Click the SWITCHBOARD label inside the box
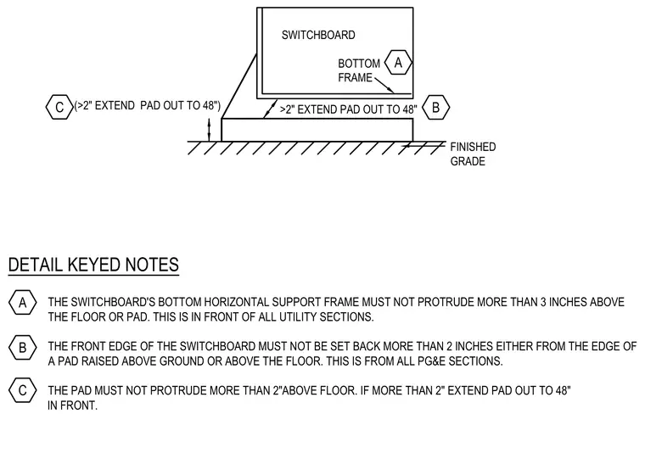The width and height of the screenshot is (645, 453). [x=318, y=35]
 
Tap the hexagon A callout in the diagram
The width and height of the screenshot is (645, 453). [x=398, y=63]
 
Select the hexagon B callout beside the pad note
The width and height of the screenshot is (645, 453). [x=435, y=108]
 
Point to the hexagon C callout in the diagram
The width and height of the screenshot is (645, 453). [x=59, y=107]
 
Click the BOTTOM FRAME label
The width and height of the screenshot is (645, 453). [x=359, y=70]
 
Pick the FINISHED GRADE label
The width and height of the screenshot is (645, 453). [x=473, y=154]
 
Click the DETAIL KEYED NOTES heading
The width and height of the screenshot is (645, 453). [x=93, y=265]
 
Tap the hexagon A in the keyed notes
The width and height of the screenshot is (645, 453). [x=23, y=303]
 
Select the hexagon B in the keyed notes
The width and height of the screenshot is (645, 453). [x=23, y=347]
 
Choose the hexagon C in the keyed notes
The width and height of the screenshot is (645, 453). [x=23, y=390]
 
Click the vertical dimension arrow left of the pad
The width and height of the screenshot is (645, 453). [x=209, y=130]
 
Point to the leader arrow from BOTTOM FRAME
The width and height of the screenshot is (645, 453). [x=384, y=86]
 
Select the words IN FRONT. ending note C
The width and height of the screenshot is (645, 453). [x=72, y=405]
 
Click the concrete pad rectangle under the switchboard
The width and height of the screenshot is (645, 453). [x=317, y=130]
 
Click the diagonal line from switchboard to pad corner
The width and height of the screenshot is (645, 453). [x=239, y=87]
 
